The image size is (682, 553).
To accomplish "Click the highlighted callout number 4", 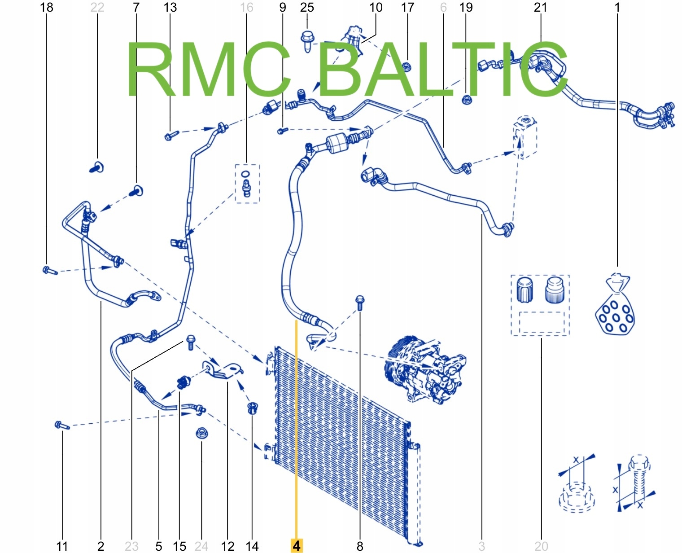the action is (297, 545).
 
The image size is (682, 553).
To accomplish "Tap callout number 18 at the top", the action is (47, 7).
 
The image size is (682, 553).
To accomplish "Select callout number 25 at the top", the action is (307, 7).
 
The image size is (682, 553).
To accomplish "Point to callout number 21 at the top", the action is (541, 7).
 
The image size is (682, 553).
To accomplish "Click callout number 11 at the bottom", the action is (62, 546).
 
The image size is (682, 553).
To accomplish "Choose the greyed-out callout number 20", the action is (541, 546).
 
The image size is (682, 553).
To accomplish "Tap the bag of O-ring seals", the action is (615, 307).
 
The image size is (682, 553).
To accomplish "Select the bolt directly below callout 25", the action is (307, 40).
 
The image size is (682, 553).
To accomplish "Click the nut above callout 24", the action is (201, 433).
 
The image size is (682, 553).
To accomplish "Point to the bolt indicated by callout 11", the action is (61, 425).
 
